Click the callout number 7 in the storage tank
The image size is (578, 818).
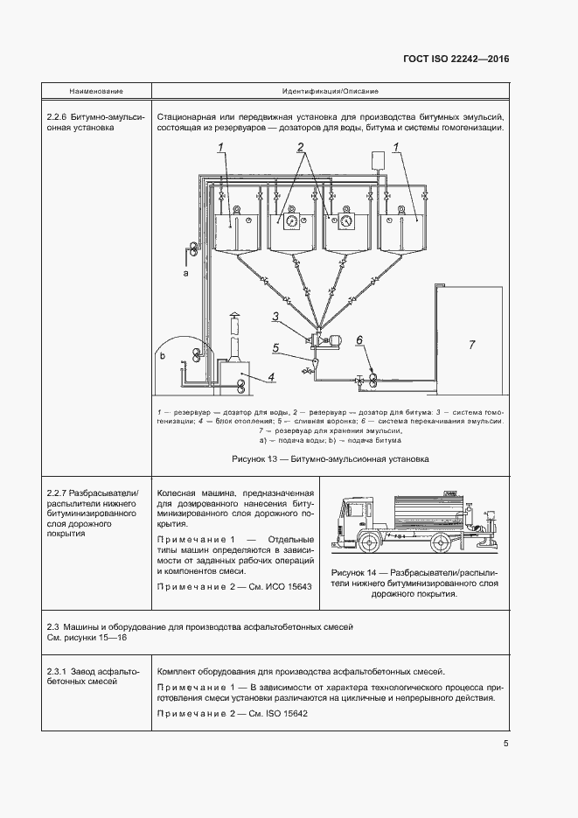471,345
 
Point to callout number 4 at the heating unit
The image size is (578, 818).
271,377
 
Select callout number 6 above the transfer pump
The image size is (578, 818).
359,339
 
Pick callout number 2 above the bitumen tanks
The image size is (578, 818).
300,146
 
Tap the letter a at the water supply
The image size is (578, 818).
185,274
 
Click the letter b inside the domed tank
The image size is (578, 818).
162,357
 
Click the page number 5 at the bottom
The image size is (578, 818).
505,745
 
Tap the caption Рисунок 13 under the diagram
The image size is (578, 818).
330,458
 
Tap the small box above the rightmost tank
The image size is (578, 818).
380,159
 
